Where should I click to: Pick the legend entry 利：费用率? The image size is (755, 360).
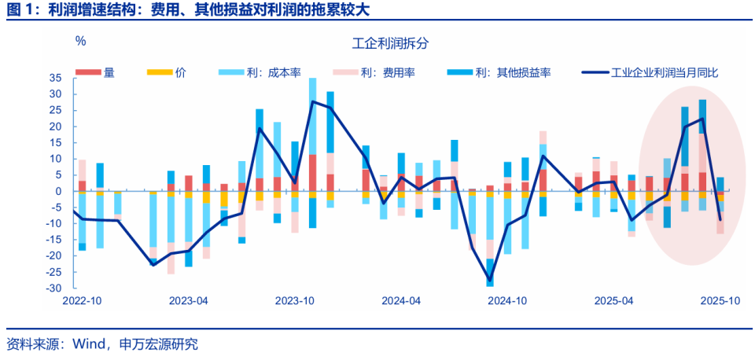[x=388, y=72]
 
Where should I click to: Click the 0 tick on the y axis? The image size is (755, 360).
[x=59, y=191]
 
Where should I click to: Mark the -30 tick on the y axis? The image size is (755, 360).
[x=54, y=288]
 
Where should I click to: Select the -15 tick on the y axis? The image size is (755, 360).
[x=54, y=240]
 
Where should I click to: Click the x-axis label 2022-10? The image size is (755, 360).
[x=82, y=301]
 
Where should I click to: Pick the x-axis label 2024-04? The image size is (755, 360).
[x=401, y=301]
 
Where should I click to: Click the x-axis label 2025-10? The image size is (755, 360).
[x=720, y=301]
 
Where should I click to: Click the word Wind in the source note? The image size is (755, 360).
[x=89, y=343]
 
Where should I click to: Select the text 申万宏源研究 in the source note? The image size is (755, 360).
[x=159, y=343]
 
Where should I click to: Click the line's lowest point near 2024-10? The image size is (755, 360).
[x=490, y=280]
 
